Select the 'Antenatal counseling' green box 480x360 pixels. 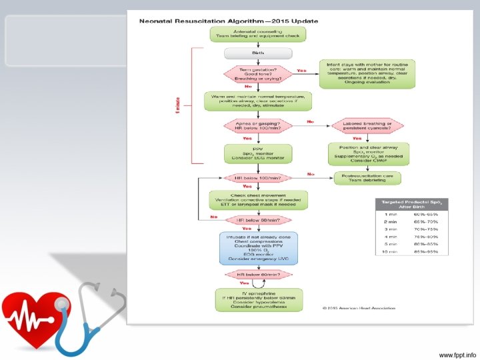click(x=258, y=34)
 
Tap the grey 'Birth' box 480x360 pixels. click(x=258, y=53)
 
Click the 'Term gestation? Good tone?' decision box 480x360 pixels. click(x=258, y=73)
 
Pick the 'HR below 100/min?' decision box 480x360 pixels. click(x=258, y=178)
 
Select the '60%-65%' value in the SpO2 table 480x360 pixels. click(x=427, y=213)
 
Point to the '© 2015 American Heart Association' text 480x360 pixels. click(x=359, y=308)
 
